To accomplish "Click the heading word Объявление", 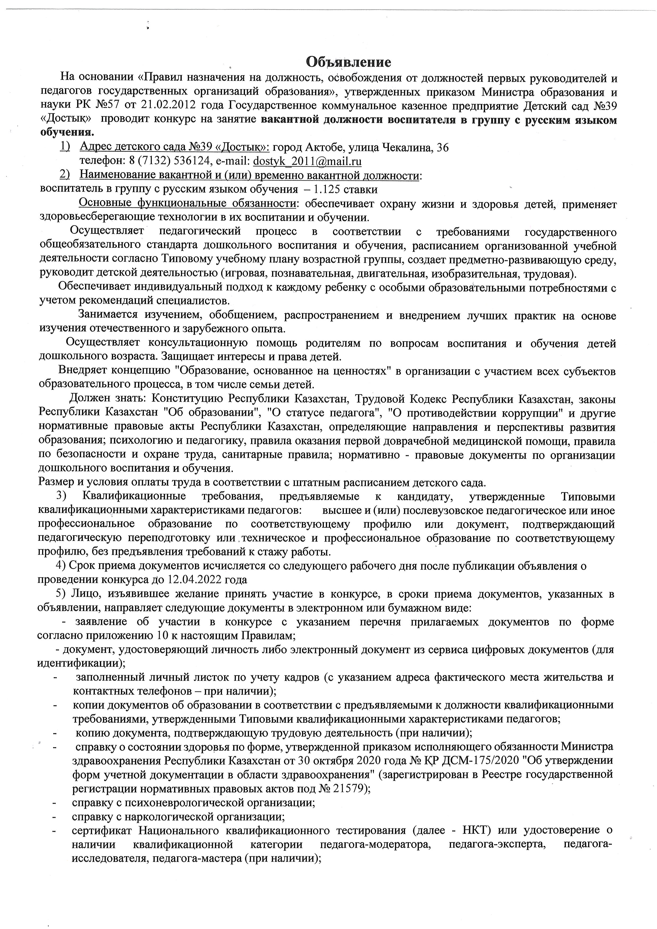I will (348, 62).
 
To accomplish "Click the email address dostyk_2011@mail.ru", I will (307, 161).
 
